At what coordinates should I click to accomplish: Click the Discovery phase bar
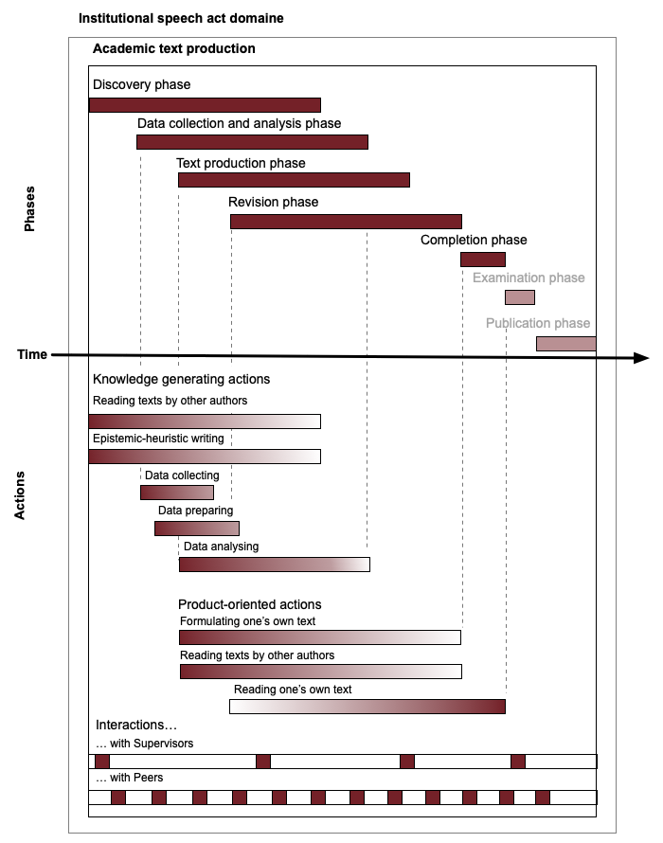(x=205, y=105)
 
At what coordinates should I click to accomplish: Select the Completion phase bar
(x=483, y=260)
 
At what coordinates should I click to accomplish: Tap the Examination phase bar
(x=520, y=297)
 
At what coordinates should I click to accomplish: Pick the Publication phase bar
(x=566, y=344)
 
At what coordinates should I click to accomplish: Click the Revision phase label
(x=273, y=202)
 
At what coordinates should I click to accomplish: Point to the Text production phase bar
(x=295, y=180)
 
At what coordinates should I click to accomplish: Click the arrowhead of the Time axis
(x=641, y=357)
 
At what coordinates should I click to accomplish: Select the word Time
(x=32, y=354)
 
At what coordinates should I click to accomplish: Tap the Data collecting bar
(x=177, y=493)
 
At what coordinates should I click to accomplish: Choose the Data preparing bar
(x=197, y=529)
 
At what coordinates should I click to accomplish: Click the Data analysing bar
(x=275, y=565)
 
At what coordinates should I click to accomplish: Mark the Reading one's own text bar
(x=367, y=707)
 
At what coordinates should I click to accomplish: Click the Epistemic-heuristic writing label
(x=158, y=439)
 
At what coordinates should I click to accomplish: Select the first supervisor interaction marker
(x=102, y=762)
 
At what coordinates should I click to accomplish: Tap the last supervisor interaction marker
(x=518, y=762)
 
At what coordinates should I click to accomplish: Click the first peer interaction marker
(x=118, y=798)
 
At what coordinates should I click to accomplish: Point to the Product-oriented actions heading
(x=249, y=604)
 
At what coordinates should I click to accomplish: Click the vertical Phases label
(x=29, y=209)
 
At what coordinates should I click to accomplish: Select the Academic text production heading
(x=173, y=48)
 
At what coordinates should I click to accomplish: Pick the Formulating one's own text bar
(x=320, y=637)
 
